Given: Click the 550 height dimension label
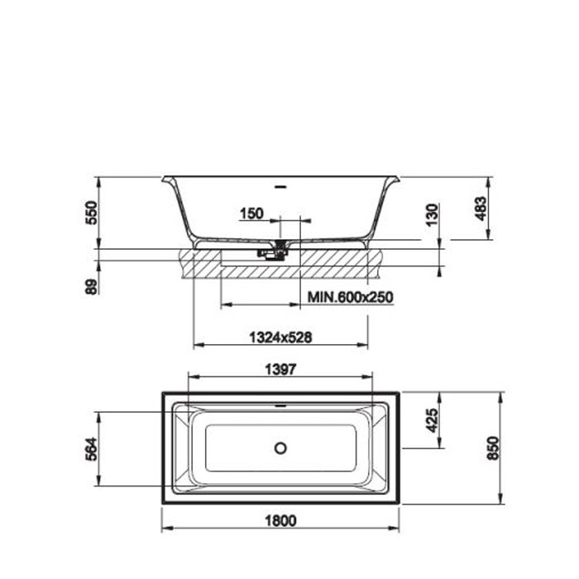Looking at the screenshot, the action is [x=91, y=213].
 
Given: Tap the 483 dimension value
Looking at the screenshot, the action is [x=481, y=208].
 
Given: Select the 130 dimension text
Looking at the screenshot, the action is [x=432, y=214].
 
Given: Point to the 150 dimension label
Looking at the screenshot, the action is [x=251, y=213].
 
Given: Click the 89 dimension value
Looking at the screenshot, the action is [x=91, y=286].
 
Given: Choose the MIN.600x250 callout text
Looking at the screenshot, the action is [x=351, y=297].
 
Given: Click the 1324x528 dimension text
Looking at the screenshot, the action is [x=280, y=337].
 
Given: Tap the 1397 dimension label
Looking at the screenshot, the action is [x=280, y=369].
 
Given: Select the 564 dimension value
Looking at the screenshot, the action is [x=91, y=448].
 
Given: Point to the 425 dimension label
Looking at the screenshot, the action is [x=432, y=420].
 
